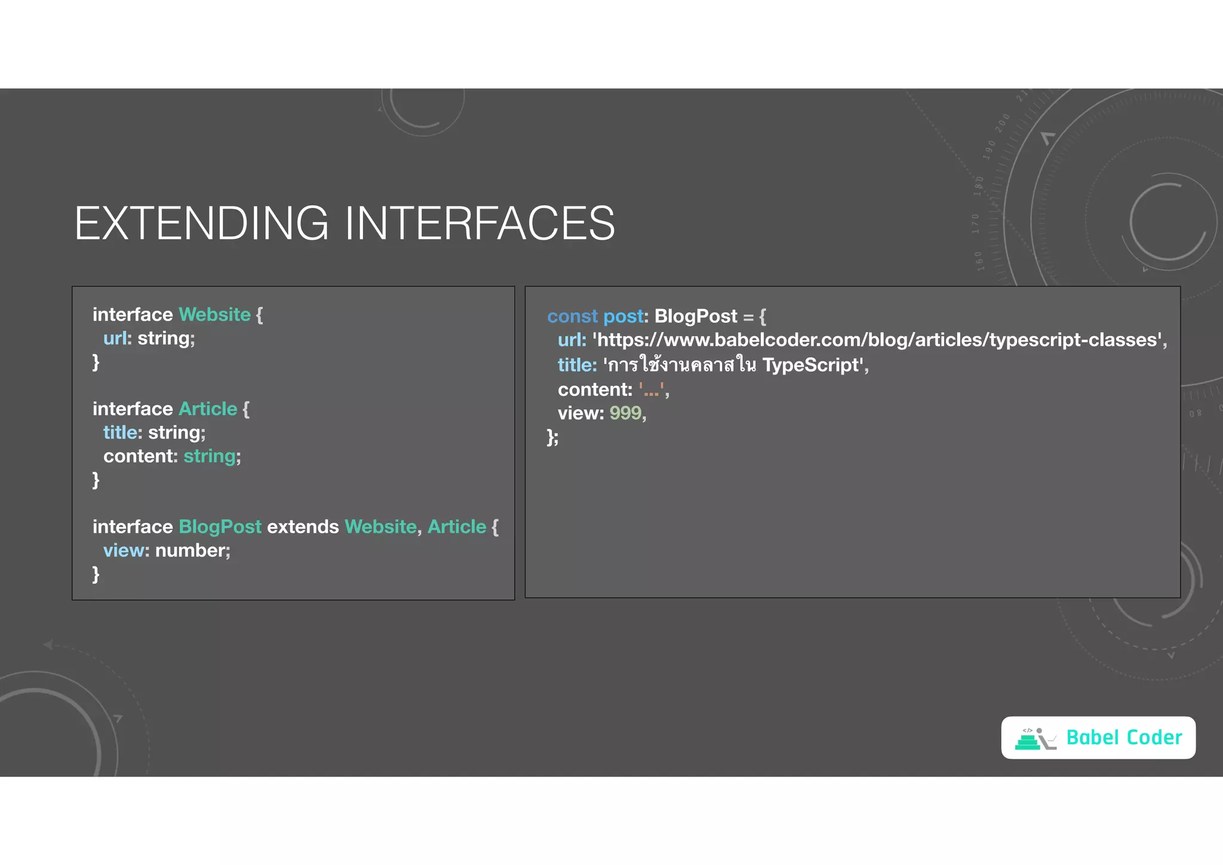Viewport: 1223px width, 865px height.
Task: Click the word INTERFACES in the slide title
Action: [480, 223]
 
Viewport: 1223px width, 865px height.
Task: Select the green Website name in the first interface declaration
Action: [214, 315]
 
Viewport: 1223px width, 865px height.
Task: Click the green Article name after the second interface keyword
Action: [208, 409]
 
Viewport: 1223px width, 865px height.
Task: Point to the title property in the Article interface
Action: [120, 432]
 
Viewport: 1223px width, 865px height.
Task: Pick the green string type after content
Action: [209, 456]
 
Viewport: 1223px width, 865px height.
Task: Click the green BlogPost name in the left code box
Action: [220, 527]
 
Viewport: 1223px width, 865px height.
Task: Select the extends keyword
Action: [303, 527]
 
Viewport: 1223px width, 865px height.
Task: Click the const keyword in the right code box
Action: [572, 317]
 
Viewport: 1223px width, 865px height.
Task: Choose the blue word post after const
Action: [623, 317]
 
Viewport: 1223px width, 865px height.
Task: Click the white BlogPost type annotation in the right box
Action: [696, 317]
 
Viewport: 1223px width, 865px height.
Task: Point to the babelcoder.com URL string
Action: [878, 340]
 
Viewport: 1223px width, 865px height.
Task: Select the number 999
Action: [625, 413]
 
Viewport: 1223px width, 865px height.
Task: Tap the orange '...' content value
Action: [652, 390]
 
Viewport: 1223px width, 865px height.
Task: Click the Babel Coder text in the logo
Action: [1123, 738]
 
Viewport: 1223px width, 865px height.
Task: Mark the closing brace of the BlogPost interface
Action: [96, 575]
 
